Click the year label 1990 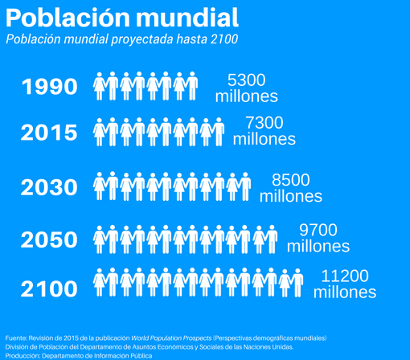click(x=50, y=87)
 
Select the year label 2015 click(x=50, y=133)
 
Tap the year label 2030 click(x=50, y=188)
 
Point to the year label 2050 click(x=50, y=239)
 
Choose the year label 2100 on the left click(x=50, y=288)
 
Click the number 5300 click(x=246, y=80)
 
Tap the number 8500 click(x=290, y=179)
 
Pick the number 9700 click(x=318, y=230)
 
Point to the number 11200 click(x=344, y=276)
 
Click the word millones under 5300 click(x=246, y=96)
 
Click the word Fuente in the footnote click(x=16, y=337)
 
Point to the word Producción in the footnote click(x=22, y=355)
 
